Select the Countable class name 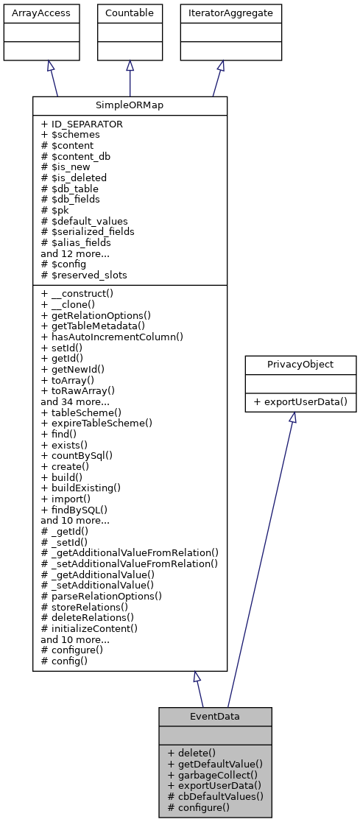pos(130,13)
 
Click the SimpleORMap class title pos(130,105)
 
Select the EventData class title pos(215,715)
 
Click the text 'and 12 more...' pos(75,253)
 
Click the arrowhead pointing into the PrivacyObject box pos(292,417)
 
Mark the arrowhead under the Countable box pos(130,66)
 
